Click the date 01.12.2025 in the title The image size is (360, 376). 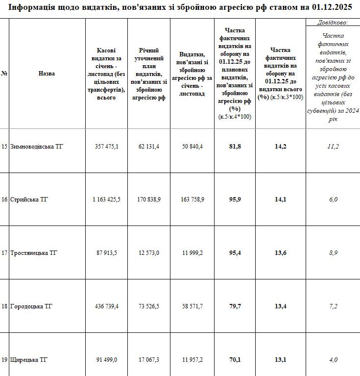332,7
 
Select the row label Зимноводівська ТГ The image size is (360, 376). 37,146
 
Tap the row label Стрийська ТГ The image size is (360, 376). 29,200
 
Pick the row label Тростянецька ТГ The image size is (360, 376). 34,253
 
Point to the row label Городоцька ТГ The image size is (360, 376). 31,306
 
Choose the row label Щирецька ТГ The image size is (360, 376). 29,360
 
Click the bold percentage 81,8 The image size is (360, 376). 235,146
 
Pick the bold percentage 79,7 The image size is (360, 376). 235,306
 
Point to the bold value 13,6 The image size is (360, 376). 281,253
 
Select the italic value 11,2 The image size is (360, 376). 333,146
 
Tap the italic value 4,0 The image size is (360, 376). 333,360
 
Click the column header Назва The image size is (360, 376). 47,74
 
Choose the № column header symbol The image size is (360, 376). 4,74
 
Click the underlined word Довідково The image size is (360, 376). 333,22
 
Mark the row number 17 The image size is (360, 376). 4,253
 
